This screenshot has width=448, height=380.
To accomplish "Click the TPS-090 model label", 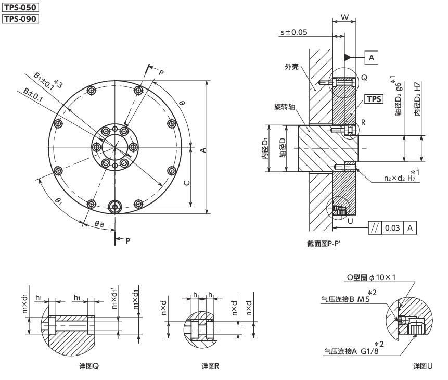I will [x=21, y=19].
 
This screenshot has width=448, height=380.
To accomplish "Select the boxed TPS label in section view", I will [x=373, y=99].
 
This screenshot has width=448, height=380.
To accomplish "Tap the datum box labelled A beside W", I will [x=372, y=57].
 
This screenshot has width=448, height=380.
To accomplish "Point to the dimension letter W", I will [x=345, y=17].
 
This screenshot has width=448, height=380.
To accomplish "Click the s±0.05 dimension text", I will [x=294, y=32].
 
